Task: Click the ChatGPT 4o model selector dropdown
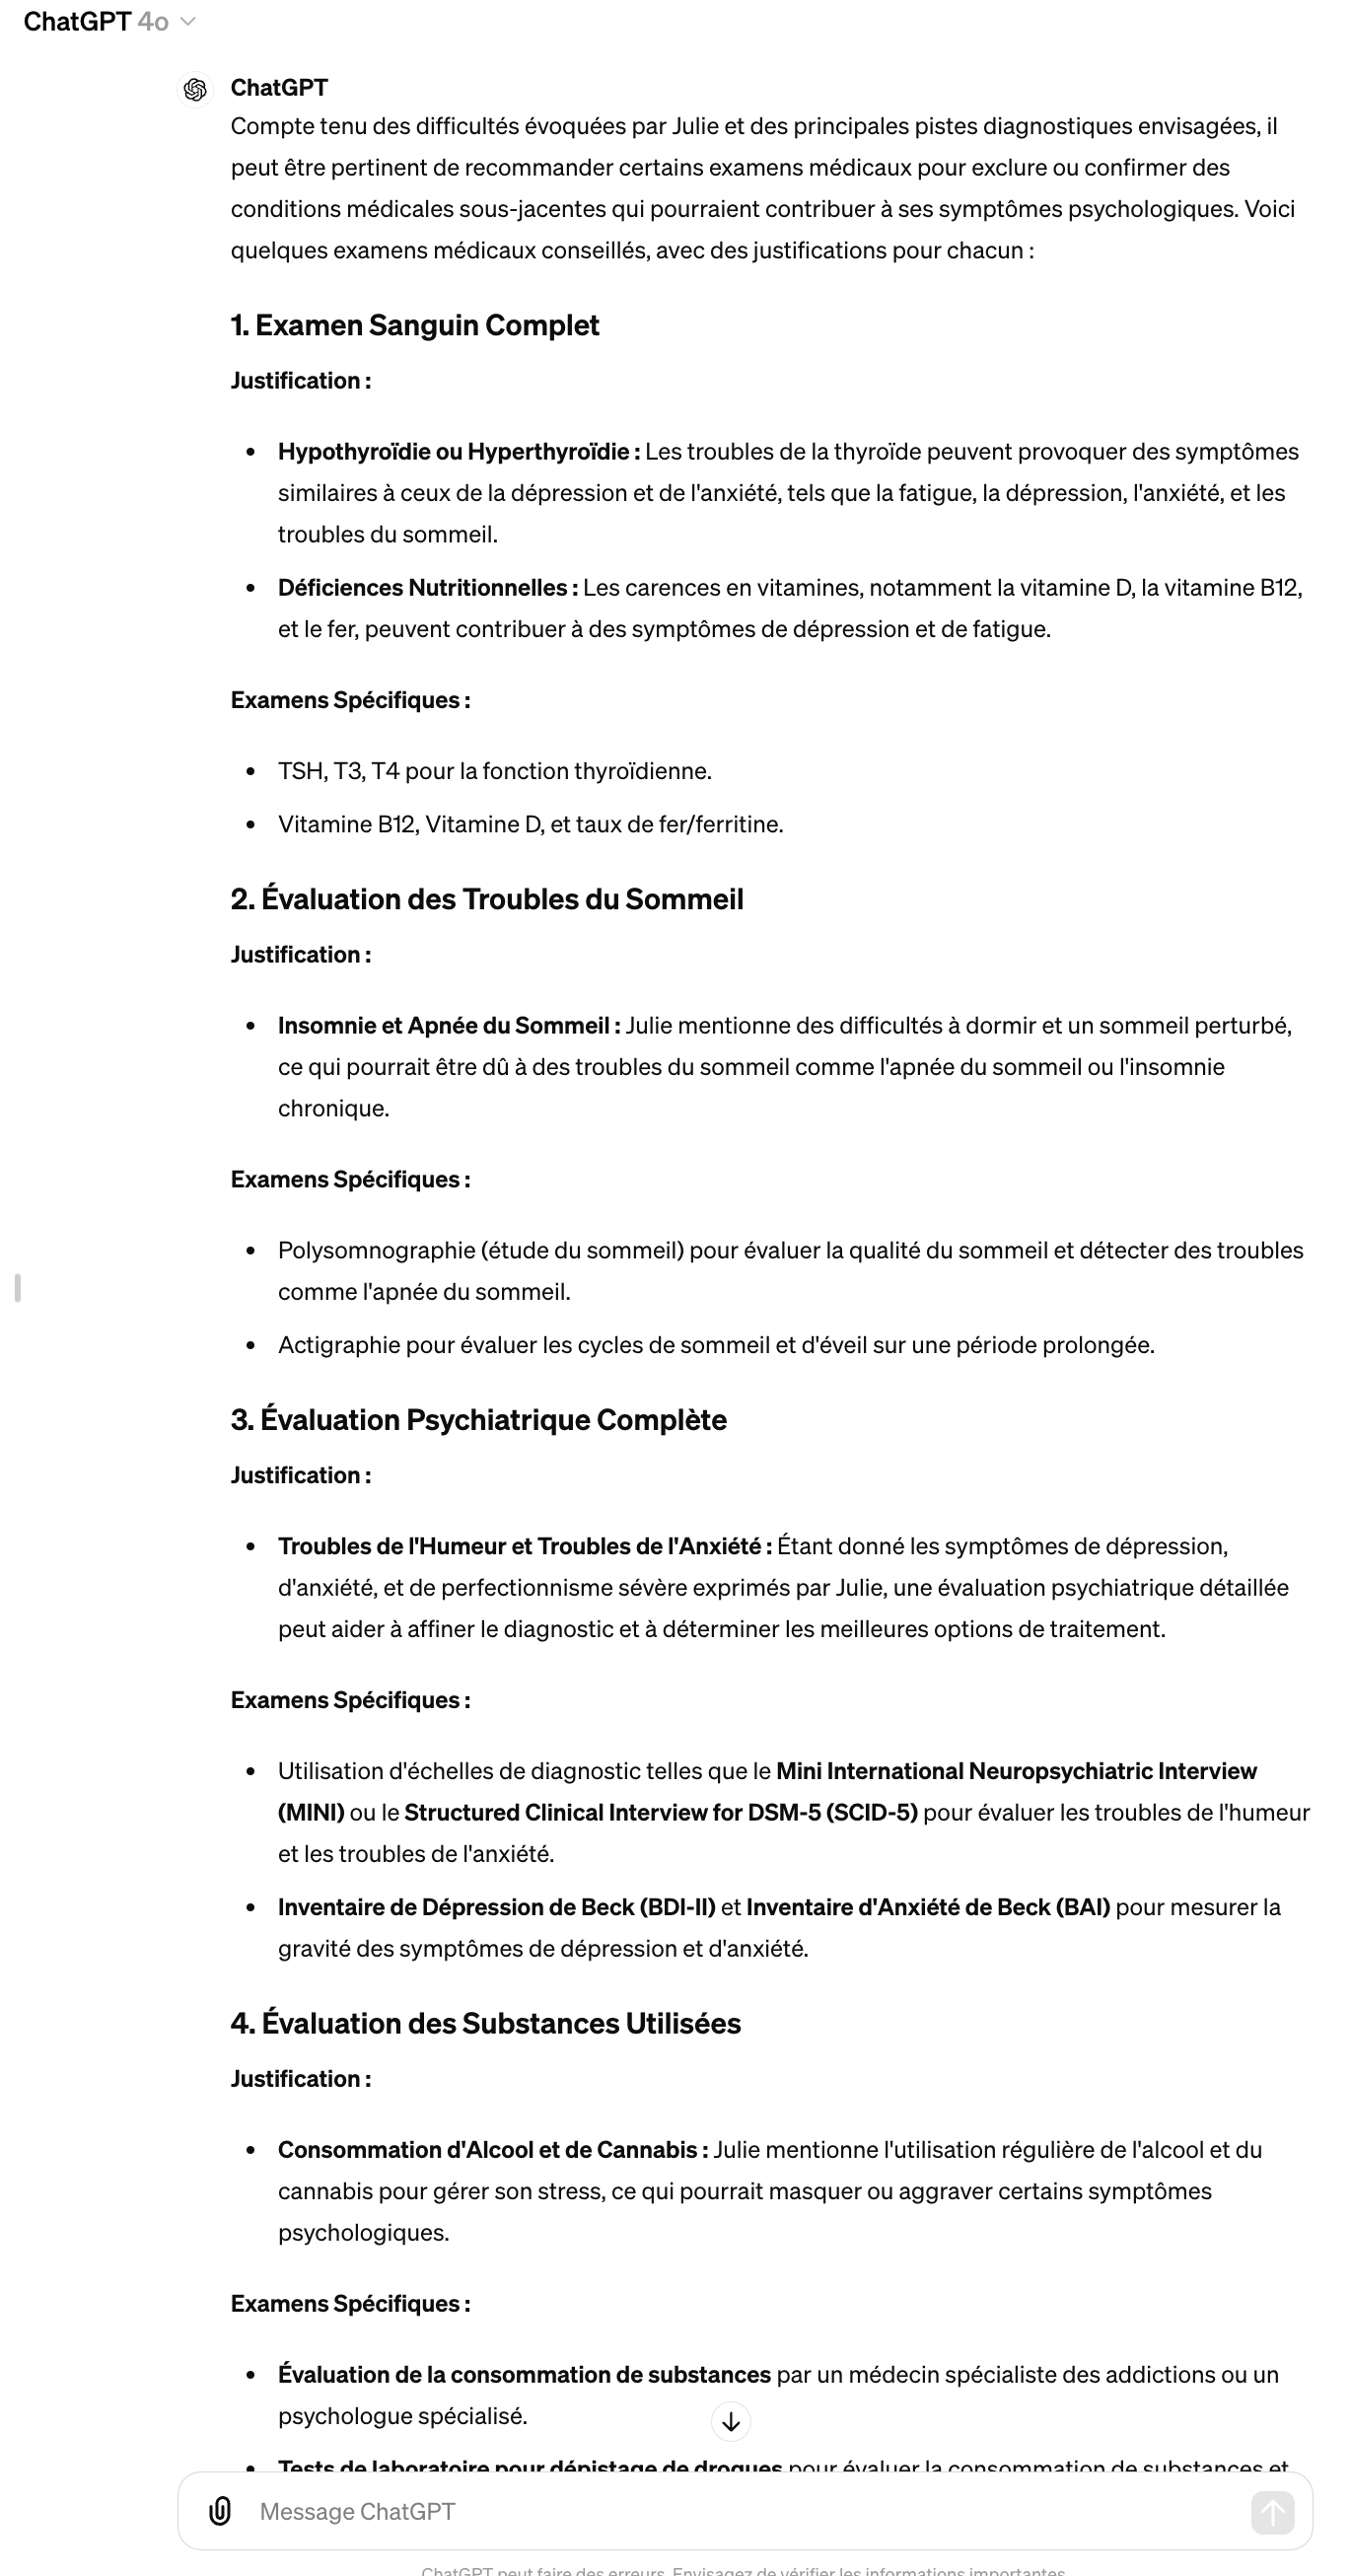(x=109, y=22)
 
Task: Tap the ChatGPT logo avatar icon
(x=196, y=90)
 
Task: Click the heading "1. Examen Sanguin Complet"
(x=414, y=325)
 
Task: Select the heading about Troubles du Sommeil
(x=487, y=899)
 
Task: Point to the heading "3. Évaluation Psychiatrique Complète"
(x=478, y=1420)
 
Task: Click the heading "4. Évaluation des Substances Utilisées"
(x=485, y=2023)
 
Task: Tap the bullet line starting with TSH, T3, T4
(x=494, y=771)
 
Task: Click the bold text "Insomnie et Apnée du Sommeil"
(x=448, y=1026)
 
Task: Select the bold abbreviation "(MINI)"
(x=311, y=1813)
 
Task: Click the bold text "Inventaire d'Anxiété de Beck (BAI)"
(x=927, y=1907)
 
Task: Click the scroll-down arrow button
(x=731, y=2422)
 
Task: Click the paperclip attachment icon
(x=221, y=2511)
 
